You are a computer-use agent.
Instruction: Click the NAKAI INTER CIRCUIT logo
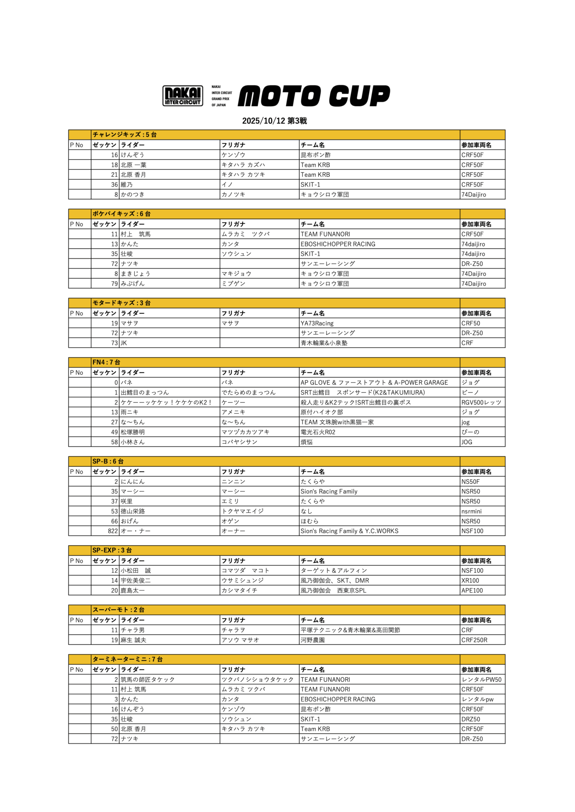[x=182, y=96]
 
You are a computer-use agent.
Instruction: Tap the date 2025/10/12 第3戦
[x=274, y=121]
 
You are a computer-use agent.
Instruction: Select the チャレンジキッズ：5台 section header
[x=124, y=134]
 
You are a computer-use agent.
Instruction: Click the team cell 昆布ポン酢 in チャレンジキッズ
[x=315, y=155]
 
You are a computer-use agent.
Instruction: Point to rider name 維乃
[x=127, y=184]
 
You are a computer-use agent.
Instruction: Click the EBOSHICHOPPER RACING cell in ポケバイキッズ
[x=338, y=244]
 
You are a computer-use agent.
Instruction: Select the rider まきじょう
[x=135, y=274]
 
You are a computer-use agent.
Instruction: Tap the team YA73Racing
[x=317, y=323]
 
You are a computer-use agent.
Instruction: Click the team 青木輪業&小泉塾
[x=324, y=343]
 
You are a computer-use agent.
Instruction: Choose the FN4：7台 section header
[x=106, y=362]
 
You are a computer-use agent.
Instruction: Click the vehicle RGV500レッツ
[x=481, y=402]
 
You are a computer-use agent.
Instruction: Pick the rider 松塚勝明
[x=133, y=432]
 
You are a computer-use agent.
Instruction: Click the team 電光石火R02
[x=318, y=432]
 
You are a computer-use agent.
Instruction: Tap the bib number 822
[x=113, y=531]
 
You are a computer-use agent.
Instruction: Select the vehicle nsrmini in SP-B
[x=471, y=511]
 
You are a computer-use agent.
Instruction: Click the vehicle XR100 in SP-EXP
[x=470, y=581]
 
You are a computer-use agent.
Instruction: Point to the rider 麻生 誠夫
[x=133, y=640]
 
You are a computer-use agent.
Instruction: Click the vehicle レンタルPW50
[x=481, y=680]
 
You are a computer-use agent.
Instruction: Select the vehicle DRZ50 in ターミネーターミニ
[x=471, y=719]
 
